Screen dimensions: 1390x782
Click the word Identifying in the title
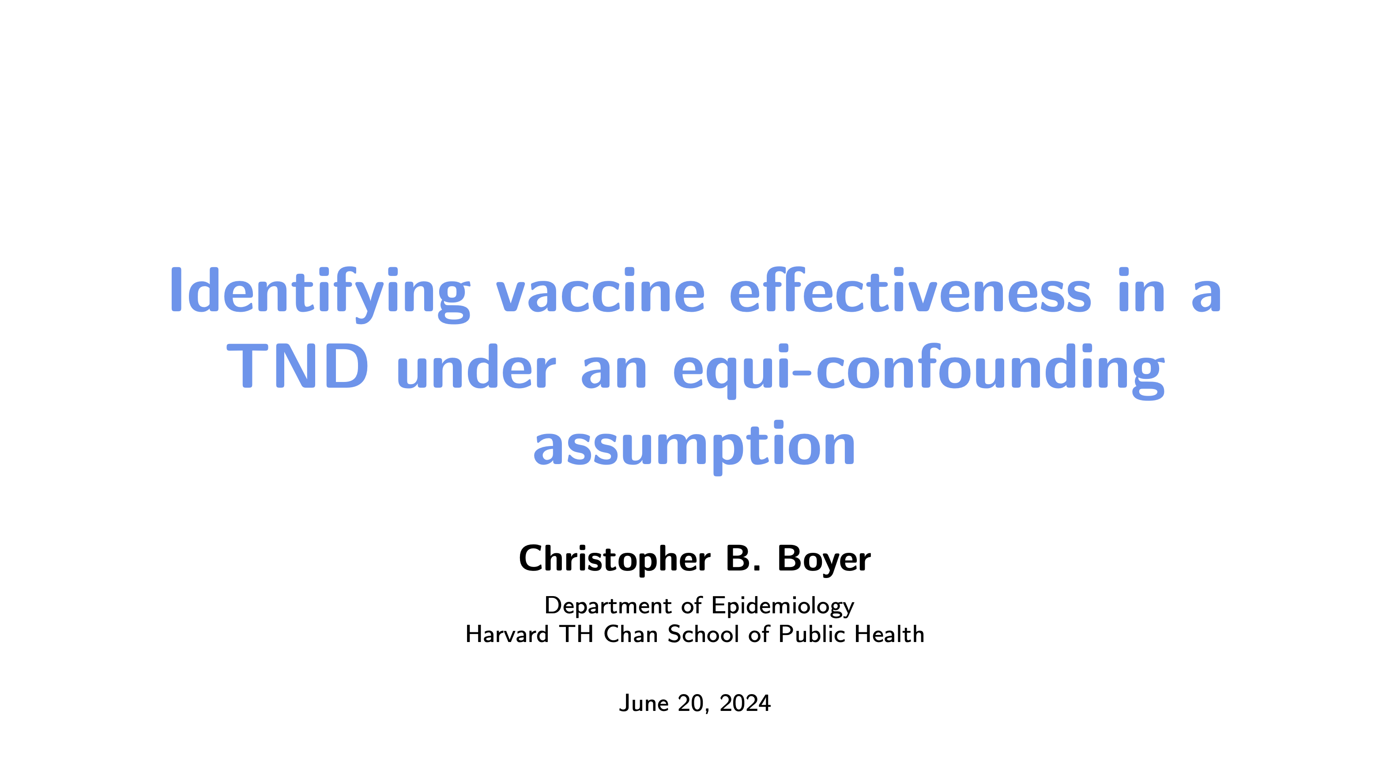[x=320, y=294]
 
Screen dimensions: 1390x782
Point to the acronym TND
[x=298, y=366]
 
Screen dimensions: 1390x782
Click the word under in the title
[x=476, y=366]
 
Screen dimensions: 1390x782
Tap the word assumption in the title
[x=694, y=447]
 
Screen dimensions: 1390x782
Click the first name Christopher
[x=614, y=559]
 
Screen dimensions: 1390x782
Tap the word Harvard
[x=507, y=634]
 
